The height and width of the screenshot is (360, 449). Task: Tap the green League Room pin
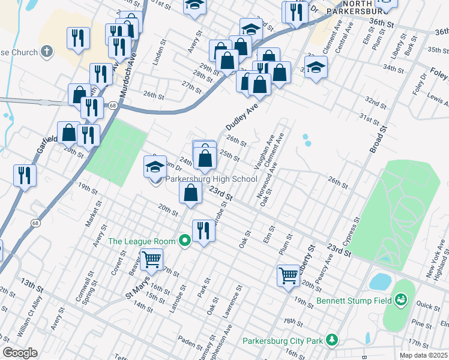click(x=185, y=241)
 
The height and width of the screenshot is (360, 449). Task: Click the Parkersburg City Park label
click(x=282, y=341)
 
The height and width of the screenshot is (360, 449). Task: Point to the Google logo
click(x=20, y=353)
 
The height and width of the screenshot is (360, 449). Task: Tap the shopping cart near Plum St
click(x=288, y=275)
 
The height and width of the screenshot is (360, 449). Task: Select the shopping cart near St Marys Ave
click(x=152, y=259)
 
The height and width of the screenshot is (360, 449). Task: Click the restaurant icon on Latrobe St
click(x=203, y=230)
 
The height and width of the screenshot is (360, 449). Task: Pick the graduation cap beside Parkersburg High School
click(x=155, y=166)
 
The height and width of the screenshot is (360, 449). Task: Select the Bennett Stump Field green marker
click(x=401, y=299)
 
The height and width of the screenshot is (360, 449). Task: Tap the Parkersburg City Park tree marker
click(x=331, y=341)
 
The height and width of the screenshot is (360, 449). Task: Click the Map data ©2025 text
click(x=424, y=355)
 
